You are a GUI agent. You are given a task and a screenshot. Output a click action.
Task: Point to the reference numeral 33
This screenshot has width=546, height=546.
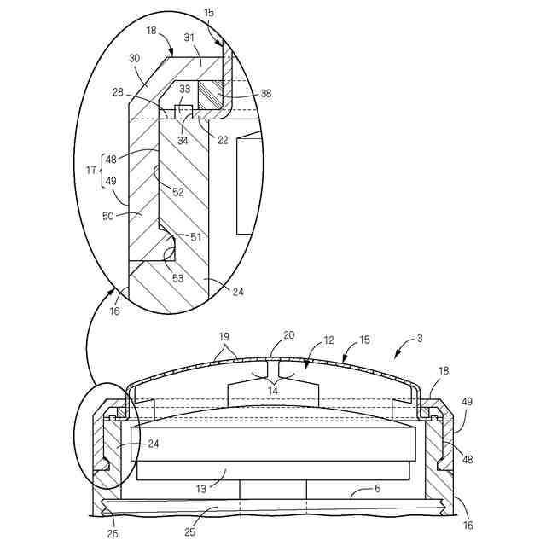185,89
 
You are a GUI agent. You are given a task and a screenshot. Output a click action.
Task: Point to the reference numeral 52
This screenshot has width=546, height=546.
178,192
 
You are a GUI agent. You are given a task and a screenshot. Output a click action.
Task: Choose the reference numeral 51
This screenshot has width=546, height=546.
195,238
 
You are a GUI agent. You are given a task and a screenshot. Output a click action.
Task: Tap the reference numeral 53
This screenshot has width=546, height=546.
178,278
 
